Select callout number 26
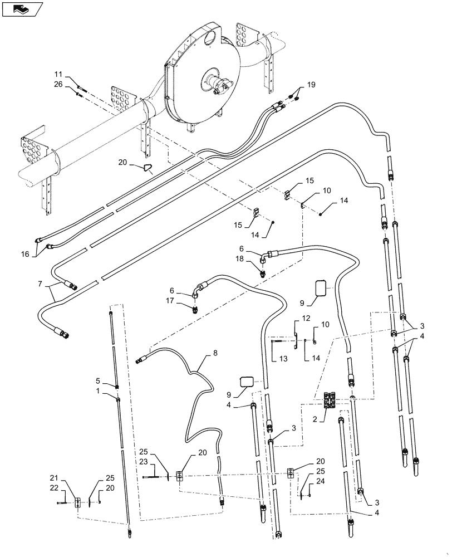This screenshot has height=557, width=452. tap(58, 85)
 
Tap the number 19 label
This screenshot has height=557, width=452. tap(311, 85)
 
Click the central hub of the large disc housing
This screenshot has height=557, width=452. tap(218, 85)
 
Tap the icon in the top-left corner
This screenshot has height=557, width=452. tap(22, 9)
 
